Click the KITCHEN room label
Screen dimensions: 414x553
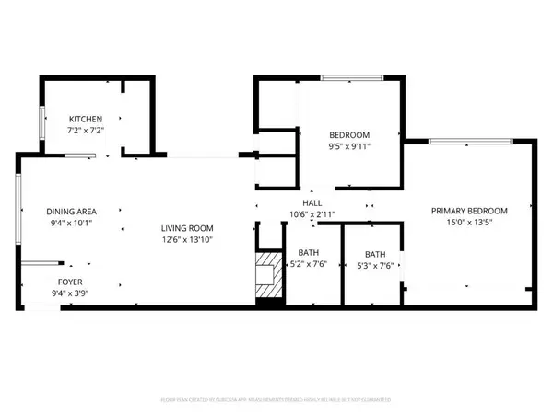85,120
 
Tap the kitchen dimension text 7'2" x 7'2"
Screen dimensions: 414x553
85,131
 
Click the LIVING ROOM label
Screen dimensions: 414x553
187,229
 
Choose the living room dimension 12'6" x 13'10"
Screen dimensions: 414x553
187,241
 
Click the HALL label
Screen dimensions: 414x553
312,203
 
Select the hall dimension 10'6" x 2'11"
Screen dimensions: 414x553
312,214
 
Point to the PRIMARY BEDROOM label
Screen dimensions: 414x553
469,211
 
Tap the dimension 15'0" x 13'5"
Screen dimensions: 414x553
469,223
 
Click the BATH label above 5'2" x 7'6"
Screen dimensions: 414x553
309,254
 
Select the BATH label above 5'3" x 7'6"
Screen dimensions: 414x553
375,254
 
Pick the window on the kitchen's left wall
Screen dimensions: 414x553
41,125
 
